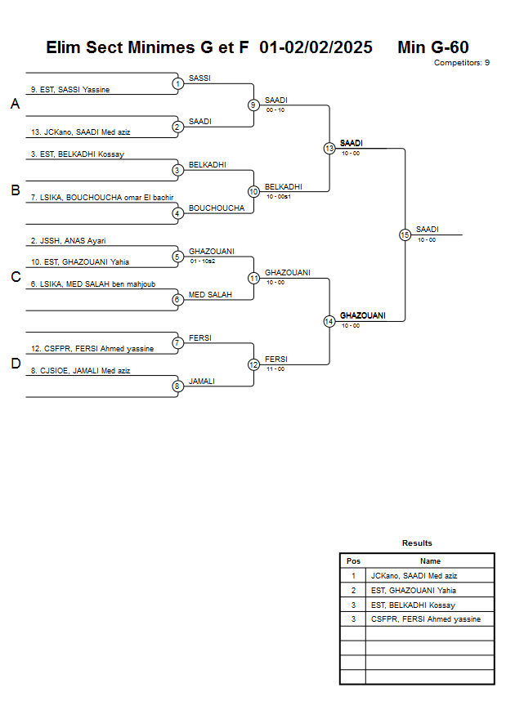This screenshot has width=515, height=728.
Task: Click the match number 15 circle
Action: (404, 234)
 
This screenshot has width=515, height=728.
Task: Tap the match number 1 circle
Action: (177, 83)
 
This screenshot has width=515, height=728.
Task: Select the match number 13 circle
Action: (329, 149)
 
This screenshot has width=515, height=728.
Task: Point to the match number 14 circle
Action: (329, 321)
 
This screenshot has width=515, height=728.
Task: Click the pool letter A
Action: (15, 104)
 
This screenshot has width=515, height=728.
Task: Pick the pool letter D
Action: (15, 364)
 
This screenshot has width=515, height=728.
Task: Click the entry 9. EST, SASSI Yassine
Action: (70, 90)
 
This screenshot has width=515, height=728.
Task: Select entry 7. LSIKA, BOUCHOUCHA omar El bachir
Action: (101, 197)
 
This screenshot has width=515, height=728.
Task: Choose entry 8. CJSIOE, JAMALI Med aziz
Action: (80, 370)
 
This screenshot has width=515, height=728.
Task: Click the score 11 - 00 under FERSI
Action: (275, 368)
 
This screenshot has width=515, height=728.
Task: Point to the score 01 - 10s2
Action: (202, 261)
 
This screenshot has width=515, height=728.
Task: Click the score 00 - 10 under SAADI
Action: (275, 109)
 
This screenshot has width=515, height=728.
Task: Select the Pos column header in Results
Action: (353, 561)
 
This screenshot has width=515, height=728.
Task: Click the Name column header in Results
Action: (430, 561)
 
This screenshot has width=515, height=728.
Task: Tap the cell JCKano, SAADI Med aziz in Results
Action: (414, 576)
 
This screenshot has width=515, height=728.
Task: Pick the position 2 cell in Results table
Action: (353, 590)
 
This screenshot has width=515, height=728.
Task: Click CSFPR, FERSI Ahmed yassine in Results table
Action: (425, 619)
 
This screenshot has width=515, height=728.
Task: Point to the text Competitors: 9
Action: (462, 62)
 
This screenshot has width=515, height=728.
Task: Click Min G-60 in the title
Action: (432, 47)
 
